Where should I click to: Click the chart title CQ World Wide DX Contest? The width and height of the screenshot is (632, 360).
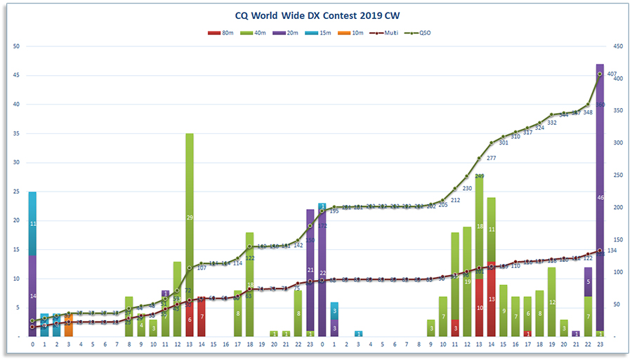pyautogui.click(x=316, y=14)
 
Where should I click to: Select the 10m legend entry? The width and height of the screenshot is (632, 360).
pyautogui.click(x=349, y=33)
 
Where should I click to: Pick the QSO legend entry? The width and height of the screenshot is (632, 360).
pyautogui.click(x=418, y=33)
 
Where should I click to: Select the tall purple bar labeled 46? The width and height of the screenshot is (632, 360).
pyautogui.click(x=600, y=198)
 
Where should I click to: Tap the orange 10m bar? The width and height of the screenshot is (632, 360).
pyautogui.click(x=68, y=326)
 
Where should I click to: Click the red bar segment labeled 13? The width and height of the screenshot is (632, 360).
pyautogui.click(x=492, y=299)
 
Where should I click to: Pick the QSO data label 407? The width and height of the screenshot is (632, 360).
pyautogui.click(x=612, y=74)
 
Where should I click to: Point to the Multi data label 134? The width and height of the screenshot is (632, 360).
pyautogui.click(x=612, y=251)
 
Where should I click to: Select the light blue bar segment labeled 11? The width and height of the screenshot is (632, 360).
pyautogui.click(x=32, y=223)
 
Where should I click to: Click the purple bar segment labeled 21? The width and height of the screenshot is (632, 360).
pyautogui.click(x=310, y=269)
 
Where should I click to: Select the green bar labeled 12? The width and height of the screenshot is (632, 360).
pyautogui.click(x=552, y=302)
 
